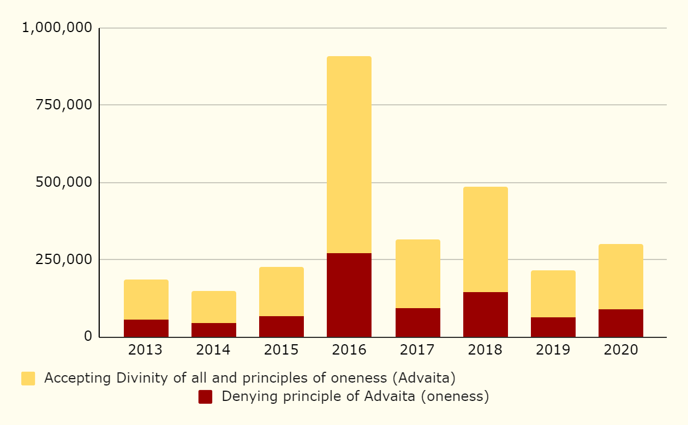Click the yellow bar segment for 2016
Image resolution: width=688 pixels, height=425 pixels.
(x=349, y=155)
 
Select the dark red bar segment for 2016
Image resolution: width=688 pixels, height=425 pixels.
(x=349, y=295)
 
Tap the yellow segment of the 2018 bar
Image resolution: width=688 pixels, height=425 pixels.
(x=485, y=239)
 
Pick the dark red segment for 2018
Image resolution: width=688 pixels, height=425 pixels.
(x=485, y=314)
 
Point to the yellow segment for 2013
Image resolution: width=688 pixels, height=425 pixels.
(x=146, y=300)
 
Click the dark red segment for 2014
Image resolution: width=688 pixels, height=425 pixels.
(x=214, y=330)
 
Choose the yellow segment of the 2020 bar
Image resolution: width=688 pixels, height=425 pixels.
(x=620, y=277)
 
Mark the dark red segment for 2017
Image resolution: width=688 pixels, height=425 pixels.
(x=417, y=322)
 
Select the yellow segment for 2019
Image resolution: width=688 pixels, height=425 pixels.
(x=553, y=294)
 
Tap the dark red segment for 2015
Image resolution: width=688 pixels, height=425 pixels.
(x=282, y=326)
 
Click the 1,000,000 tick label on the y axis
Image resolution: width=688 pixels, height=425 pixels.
(x=56, y=27)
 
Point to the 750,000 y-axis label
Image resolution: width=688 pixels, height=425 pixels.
(x=64, y=105)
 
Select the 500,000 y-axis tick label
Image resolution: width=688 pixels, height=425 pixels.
(x=64, y=182)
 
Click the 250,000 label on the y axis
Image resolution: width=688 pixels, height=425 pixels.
(x=64, y=259)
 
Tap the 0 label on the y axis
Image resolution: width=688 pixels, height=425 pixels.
(x=88, y=336)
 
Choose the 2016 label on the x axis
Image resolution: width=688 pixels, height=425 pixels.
(x=349, y=350)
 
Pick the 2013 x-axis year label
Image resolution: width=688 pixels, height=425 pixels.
(x=146, y=350)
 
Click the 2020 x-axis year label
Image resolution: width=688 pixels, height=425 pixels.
(x=620, y=350)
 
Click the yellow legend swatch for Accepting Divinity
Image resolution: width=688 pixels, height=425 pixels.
(x=28, y=379)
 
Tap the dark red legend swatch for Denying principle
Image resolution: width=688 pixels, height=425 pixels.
(x=205, y=396)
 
